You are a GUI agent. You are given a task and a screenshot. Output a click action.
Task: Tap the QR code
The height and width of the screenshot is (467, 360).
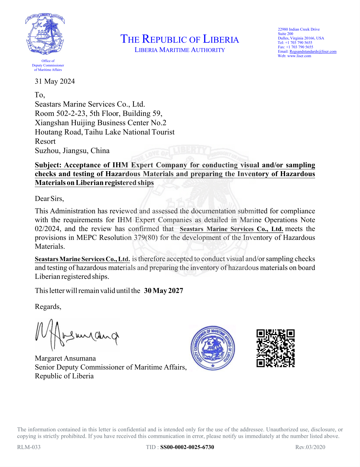click(275, 348)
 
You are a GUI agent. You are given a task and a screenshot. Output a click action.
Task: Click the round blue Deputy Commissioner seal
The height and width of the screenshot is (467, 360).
click(213, 348)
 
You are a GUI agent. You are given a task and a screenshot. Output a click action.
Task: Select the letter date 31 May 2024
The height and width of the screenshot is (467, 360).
click(55, 81)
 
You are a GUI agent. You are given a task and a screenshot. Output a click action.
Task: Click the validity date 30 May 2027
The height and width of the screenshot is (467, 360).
click(163, 291)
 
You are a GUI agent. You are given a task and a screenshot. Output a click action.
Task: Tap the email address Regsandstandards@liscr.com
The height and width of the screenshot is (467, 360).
click(313, 52)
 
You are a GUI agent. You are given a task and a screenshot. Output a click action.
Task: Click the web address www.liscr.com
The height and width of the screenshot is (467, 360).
click(299, 56)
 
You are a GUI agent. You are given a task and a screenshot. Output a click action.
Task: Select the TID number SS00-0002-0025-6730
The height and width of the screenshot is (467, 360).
click(187, 447)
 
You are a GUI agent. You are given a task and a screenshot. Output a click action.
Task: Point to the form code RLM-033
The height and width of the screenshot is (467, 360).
click(29, 447)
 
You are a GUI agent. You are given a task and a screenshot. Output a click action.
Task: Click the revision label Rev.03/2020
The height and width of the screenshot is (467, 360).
click(310, 447)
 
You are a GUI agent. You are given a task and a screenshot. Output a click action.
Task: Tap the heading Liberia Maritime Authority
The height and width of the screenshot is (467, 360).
click(180, 50)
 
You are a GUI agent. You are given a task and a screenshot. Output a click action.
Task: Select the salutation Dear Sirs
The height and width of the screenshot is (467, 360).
click(49, 199)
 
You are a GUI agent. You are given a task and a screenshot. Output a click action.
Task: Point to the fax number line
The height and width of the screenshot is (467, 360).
click(295, 47)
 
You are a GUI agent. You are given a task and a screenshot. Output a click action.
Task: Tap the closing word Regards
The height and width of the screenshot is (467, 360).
click(48, 307)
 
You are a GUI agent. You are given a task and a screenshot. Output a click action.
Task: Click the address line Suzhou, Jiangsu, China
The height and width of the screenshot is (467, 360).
click(72, 151)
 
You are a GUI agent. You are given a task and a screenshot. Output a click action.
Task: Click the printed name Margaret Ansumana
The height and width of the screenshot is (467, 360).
click(65, 358)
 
